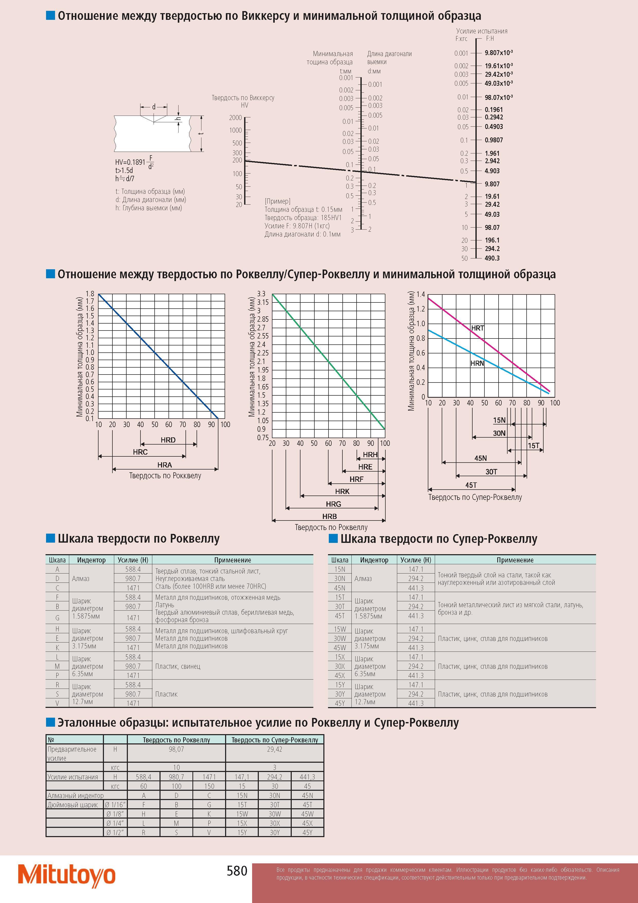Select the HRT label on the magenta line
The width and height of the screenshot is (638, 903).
point(478,328)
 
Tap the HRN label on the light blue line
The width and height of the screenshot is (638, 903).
point(477,363)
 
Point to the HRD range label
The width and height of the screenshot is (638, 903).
point(168,440)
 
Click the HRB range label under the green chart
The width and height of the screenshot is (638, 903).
point(329,516)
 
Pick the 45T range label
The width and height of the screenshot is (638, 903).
point(471,485)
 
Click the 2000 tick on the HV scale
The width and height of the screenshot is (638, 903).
point(235,118)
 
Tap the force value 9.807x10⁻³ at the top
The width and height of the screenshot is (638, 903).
point(499,53)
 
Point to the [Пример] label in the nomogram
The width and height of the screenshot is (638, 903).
point(278,201)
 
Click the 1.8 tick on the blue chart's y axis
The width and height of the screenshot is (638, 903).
point(90,294)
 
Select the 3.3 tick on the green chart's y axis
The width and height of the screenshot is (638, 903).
point(261,294)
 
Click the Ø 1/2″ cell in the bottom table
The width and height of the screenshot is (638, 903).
point(116,832)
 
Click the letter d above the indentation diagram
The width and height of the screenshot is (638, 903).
point(154,107)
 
